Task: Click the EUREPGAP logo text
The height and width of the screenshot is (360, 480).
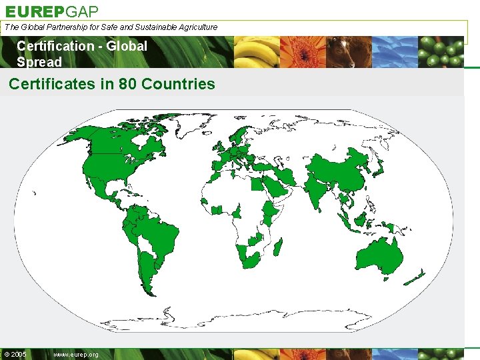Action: (52, 11)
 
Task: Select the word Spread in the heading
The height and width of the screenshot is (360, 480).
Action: (39, 62)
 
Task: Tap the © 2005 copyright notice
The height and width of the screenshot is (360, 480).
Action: (15, 355)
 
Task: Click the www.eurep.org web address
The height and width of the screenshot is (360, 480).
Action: (75, 355)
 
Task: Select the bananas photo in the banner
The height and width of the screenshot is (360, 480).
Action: (257, 52)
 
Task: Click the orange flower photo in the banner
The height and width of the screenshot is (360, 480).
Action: (303, 52)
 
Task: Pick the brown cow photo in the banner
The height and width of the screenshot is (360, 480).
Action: (349, 52)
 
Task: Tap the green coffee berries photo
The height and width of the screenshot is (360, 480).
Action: (441, 52)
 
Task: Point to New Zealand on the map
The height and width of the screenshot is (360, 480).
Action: (415, 277)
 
